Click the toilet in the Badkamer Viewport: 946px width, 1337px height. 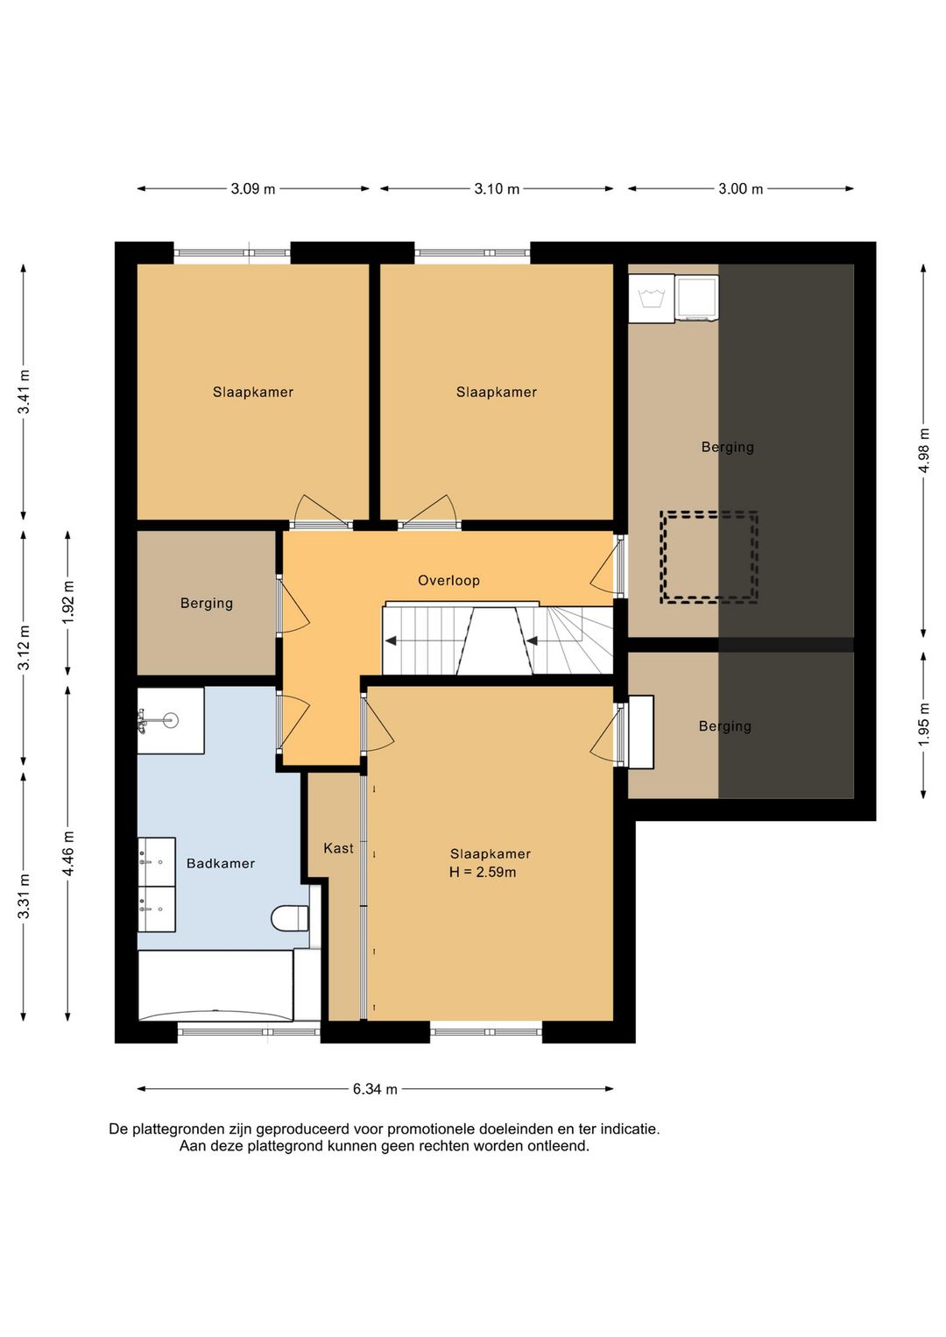click(289, 918)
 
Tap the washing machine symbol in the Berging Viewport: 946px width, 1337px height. click(651, 299)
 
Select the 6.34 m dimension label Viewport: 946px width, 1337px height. click(375, 1089)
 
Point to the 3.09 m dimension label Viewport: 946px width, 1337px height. click(253, 189)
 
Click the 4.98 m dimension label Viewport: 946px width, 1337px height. click(924, 450)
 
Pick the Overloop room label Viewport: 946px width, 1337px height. click(448, 580)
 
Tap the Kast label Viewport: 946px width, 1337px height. click(338, 848)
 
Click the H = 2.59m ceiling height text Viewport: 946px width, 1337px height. click(483, 872)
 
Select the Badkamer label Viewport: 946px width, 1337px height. click(221, 863)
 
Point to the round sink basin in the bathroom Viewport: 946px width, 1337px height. click(172, 720)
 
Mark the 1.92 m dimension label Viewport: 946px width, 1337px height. click(68, 602)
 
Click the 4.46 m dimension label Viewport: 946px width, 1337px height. click(68, 853)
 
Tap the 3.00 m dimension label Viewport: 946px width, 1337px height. click(740, 189)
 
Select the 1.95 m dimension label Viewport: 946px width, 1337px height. click(924, 725)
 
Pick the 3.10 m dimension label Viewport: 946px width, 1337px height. click(497, 189)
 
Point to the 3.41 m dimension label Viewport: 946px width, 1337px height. click(24, 392)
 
